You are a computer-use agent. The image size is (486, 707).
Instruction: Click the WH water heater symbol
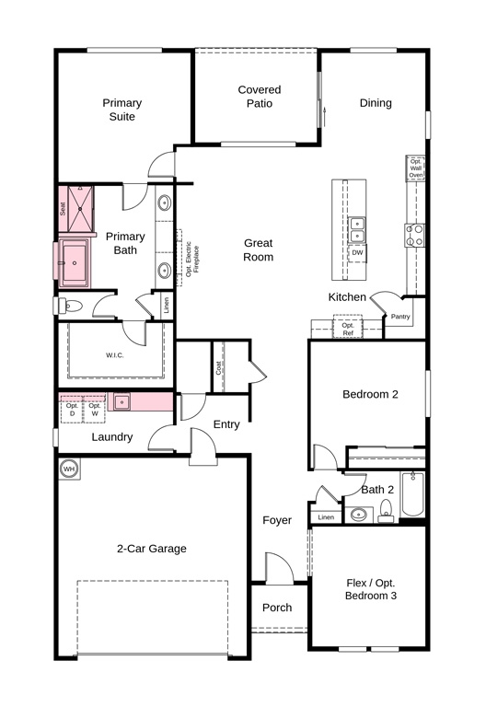(69, 469)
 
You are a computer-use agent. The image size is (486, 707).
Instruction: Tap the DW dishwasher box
(357, 253)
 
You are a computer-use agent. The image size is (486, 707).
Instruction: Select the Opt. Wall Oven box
(416, 168)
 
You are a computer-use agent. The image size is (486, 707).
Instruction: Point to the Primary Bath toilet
(70, 307)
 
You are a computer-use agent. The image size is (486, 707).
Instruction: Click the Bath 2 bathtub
(412, 493)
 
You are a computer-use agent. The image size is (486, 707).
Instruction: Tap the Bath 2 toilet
(386, 511)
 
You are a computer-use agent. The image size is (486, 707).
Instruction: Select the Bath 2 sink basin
(359, 515)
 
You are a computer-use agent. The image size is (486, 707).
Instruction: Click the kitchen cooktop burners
(414, 236)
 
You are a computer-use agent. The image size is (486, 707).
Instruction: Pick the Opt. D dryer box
(72, 410)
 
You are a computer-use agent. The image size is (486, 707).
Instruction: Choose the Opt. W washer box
(95, 410)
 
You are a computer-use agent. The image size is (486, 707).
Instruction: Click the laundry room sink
(121, 401)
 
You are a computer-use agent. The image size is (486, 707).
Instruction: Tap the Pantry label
(400, 317)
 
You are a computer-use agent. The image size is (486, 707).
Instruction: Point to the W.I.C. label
(115, 355)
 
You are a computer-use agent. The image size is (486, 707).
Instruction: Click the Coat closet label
(218, 367)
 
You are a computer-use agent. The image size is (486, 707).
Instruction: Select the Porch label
(277, 608)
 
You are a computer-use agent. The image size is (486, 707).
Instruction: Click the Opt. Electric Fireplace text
(192, 260)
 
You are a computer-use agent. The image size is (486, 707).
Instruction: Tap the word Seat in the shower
(63, 208)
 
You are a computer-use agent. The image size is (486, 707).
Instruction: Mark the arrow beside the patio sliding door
(324, 117)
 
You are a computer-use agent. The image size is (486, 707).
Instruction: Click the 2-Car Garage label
(152, 549)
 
